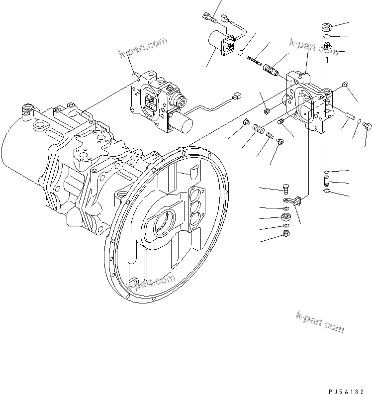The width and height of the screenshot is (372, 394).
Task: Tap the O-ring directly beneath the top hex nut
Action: (327, 37)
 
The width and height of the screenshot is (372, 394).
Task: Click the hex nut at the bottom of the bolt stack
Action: (285, 233)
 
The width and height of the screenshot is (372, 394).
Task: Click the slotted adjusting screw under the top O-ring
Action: (328, 48)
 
